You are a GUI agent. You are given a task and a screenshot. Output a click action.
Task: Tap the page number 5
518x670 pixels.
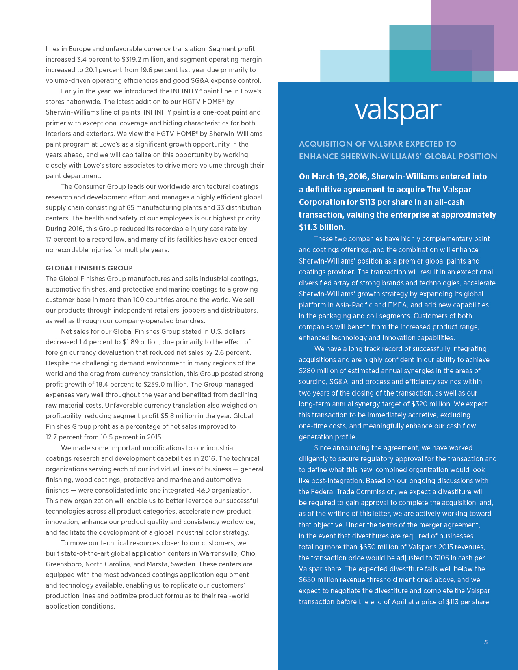(x=485, y=642)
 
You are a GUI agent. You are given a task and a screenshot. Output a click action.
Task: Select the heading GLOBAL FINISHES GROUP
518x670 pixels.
(x=89, y=268)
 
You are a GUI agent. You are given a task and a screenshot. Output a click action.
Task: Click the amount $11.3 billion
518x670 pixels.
(x=322, y=227)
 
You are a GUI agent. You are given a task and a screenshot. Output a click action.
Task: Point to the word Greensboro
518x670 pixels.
(x=63, y=564)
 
